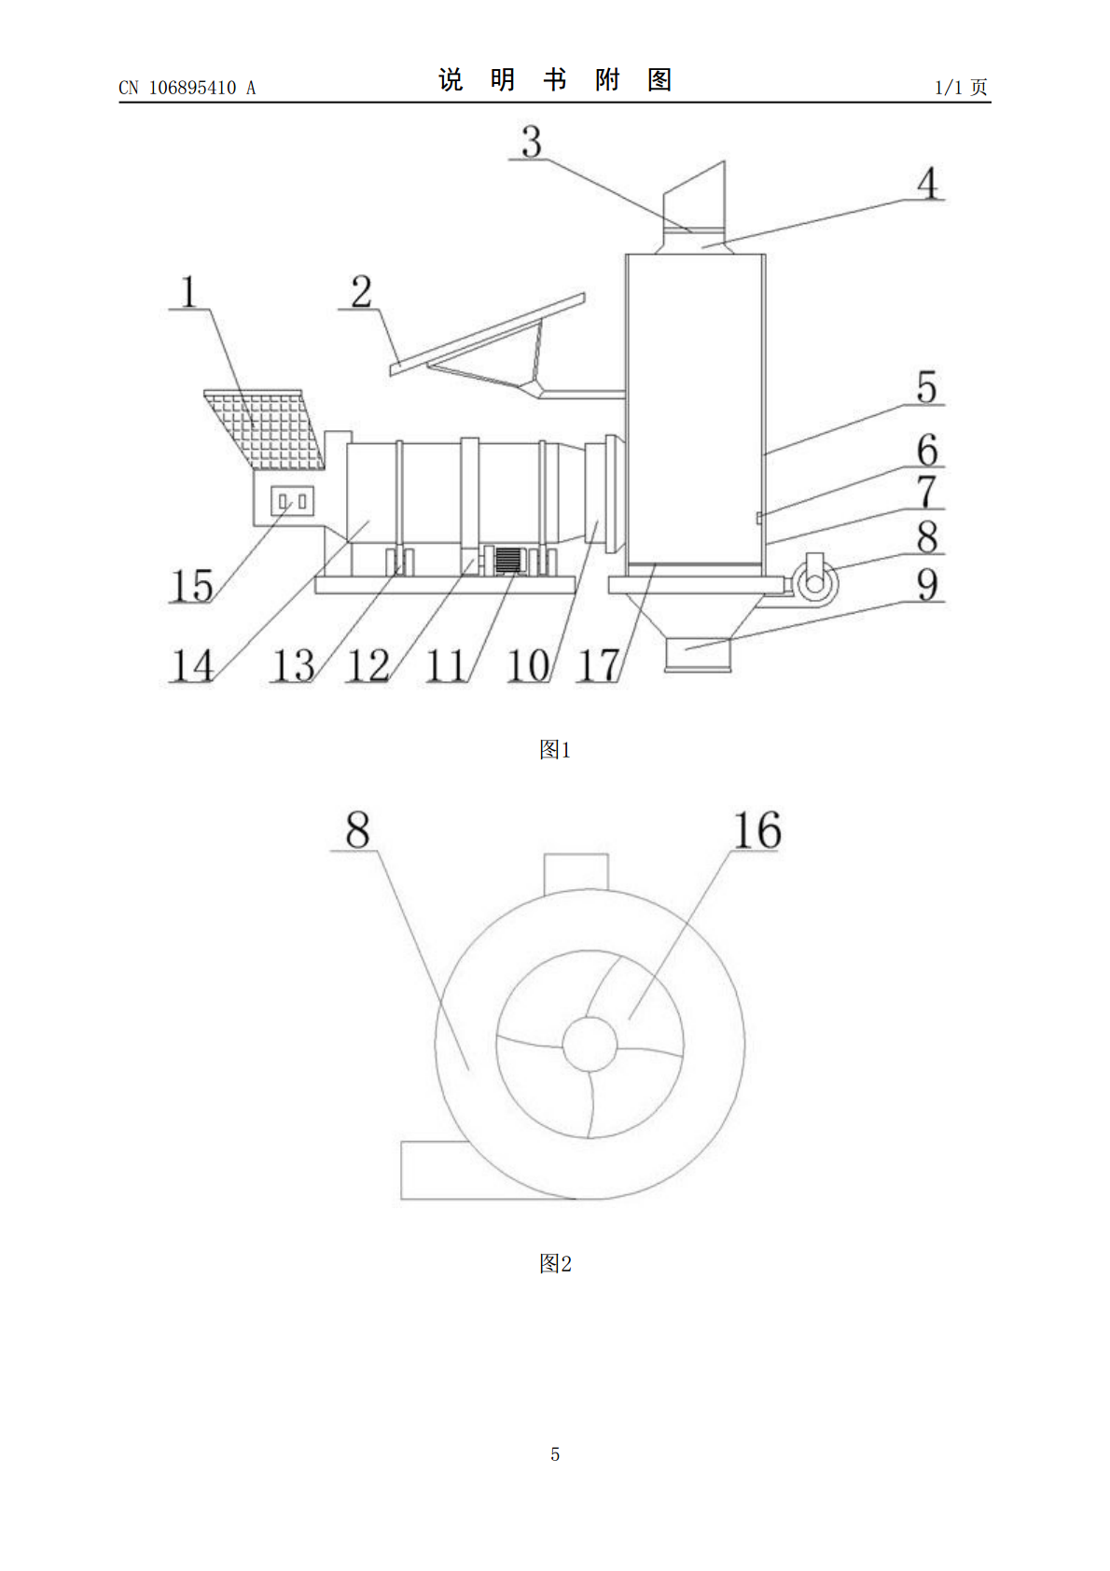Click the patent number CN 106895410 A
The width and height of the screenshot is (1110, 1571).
(x=187, y=88)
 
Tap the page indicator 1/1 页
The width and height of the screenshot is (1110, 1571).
(x=961, y=87)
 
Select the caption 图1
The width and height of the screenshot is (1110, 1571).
(x=555, y=750)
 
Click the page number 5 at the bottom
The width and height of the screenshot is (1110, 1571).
(x=555, y=1454)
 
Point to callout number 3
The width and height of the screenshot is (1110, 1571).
(x=532, y=141)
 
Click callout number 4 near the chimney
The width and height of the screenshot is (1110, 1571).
(x=927, y=183)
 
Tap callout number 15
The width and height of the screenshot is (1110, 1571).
(x=191, y=585)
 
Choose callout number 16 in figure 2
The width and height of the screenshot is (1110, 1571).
(x=756, y=830)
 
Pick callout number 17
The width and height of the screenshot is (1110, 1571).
(x=598, y=665)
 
